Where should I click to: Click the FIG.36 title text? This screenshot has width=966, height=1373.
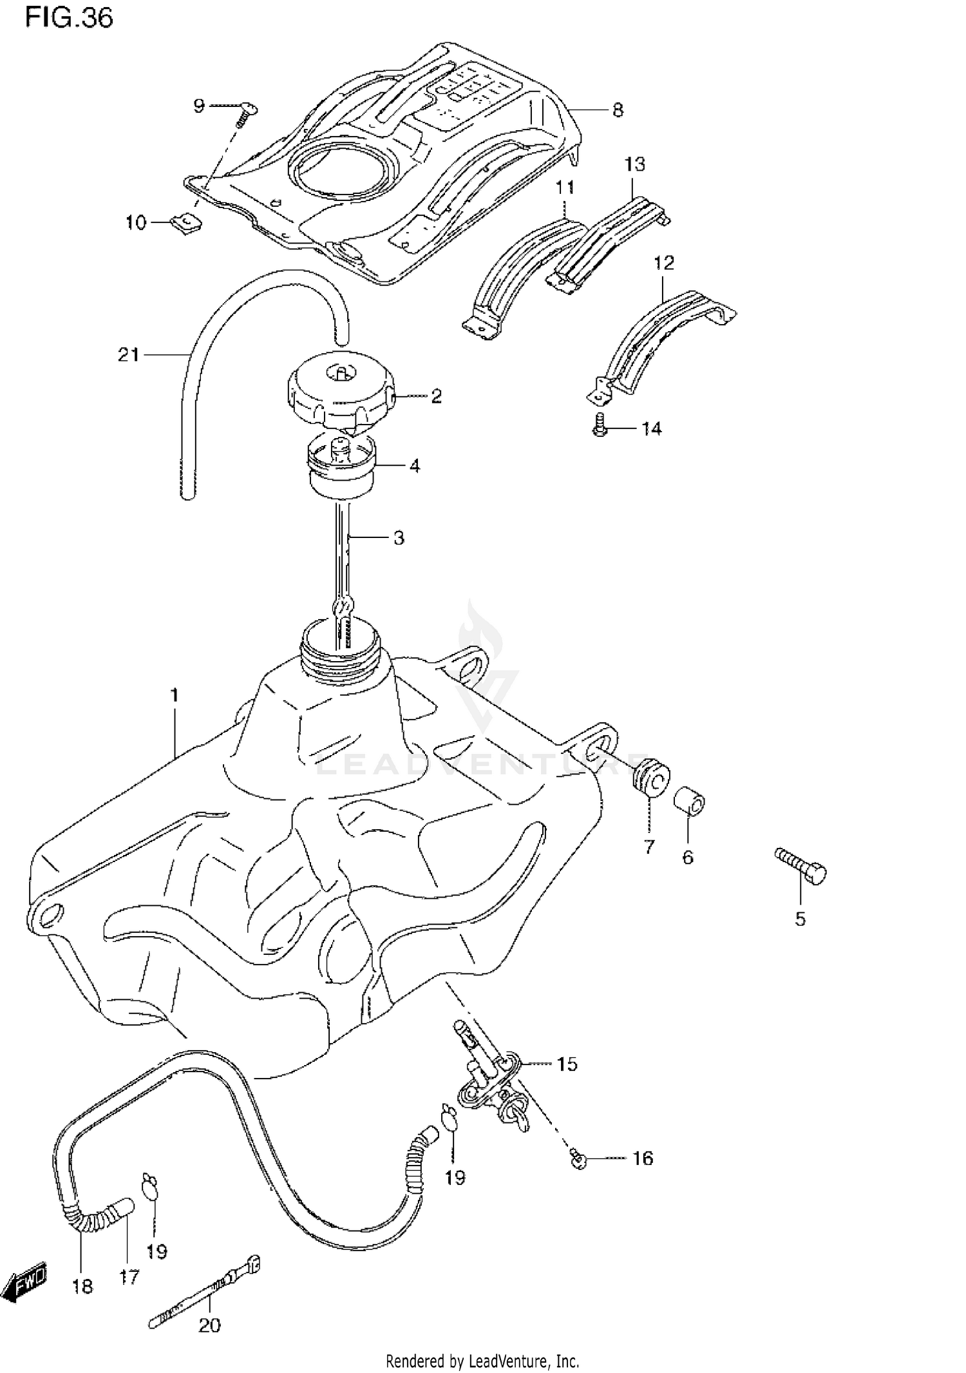pyautogui.click(x=69, y=18)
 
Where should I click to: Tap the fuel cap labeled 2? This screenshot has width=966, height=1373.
pyautogui.click(x=339, y=394)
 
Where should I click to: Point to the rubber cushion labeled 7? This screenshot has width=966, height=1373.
pyautogui.click(x=650, y=778)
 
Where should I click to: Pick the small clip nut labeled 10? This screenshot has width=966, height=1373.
pyautogui.click(x=187, y=224)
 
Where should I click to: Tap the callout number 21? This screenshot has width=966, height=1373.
pyautogui.click(x=129, y=354)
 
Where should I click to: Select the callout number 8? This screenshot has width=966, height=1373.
pyautogui.click(x=618, y=110)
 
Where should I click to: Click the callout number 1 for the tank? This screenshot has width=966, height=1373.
pyautogui.click(x=174, y=695)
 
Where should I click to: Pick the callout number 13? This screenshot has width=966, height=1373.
pyautogui.click(x=634, y=164)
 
